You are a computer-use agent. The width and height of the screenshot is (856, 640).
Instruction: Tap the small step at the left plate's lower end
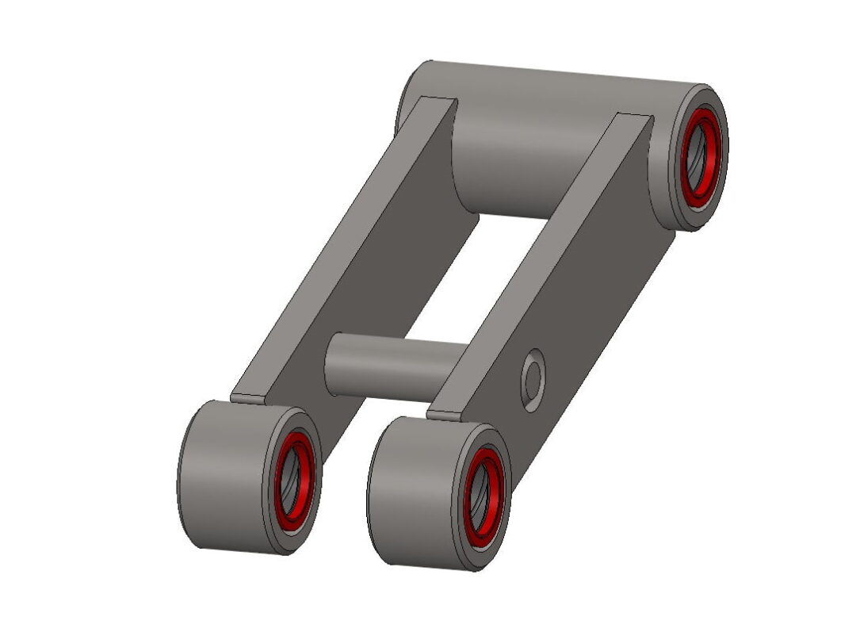pos(246,397)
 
